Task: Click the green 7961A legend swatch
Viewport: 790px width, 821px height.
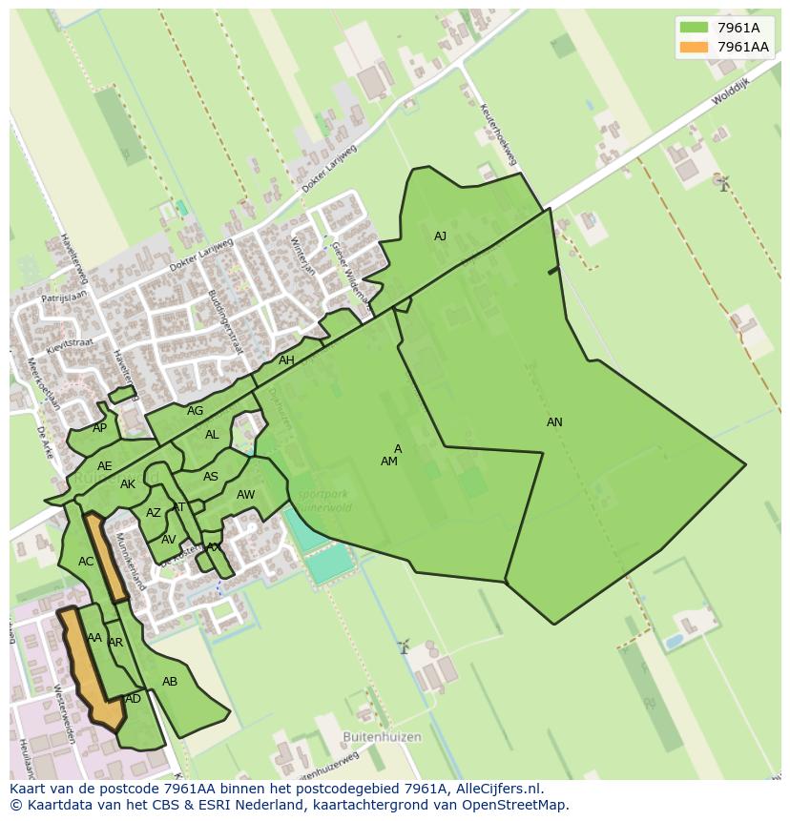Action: [x=694, y=28]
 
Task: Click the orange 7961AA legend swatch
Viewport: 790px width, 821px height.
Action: [x=694, y=47]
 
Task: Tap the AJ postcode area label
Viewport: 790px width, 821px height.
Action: [x=440, y=236]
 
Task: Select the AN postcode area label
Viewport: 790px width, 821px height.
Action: [x=554, y=422]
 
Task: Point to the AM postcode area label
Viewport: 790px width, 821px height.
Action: [x=388, y=462]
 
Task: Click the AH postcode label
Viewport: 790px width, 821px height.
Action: [x=286, y=360]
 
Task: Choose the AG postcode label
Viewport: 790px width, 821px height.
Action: [x=195, y=411]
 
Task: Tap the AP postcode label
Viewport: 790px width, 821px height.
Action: [x=100, y=428]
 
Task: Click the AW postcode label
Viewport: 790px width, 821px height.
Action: [x=245, y=495]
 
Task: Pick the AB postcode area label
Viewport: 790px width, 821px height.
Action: [x=170, y=682]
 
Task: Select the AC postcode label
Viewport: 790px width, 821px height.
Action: [x=86, y=562]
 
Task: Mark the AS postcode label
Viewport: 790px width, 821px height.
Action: [x=211, y=477]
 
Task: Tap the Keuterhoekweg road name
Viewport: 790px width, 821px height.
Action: [x=497, y=133]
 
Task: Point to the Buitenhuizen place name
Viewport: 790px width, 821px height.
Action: [x=382, y=737]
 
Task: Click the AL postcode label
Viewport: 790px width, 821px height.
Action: [x=212, y=435]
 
